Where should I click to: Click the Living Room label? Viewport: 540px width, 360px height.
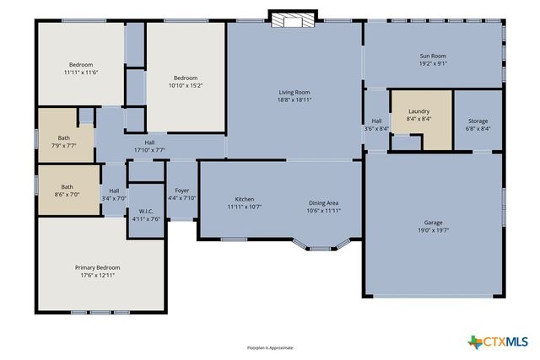point(295,92)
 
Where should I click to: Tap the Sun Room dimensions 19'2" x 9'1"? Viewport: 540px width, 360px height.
point(433,63)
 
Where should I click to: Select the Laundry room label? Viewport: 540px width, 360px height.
point(418,111)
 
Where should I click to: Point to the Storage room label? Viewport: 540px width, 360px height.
point(478,121)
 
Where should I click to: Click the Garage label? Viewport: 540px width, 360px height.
point(433,223)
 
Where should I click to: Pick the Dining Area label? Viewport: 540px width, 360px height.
point(323,203)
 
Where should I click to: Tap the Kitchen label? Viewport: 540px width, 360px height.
point(245,199)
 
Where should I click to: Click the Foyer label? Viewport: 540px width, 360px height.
point(182,191)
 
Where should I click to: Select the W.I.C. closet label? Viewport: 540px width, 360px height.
point(145,211)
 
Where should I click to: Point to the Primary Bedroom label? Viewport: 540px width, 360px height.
point(98,267)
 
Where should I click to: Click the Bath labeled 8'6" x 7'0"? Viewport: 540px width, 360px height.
point(67,187)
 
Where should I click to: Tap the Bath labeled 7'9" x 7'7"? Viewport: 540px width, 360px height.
point(64,138)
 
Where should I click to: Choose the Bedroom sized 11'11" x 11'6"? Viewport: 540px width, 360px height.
point(81,65)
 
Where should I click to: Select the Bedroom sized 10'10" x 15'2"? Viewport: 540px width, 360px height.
point(186,78)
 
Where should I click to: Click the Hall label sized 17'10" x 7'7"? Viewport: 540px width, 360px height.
point(149,142)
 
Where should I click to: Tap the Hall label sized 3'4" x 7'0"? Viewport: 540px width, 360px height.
point(113,191)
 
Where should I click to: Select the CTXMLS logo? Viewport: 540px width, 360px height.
point(498,341)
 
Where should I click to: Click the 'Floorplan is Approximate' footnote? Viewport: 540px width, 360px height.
point(270,347)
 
